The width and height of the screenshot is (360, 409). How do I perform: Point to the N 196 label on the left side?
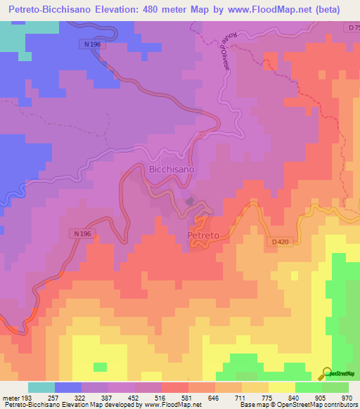81,233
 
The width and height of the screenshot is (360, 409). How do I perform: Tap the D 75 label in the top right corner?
353,27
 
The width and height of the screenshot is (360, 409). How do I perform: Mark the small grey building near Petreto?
190,202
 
